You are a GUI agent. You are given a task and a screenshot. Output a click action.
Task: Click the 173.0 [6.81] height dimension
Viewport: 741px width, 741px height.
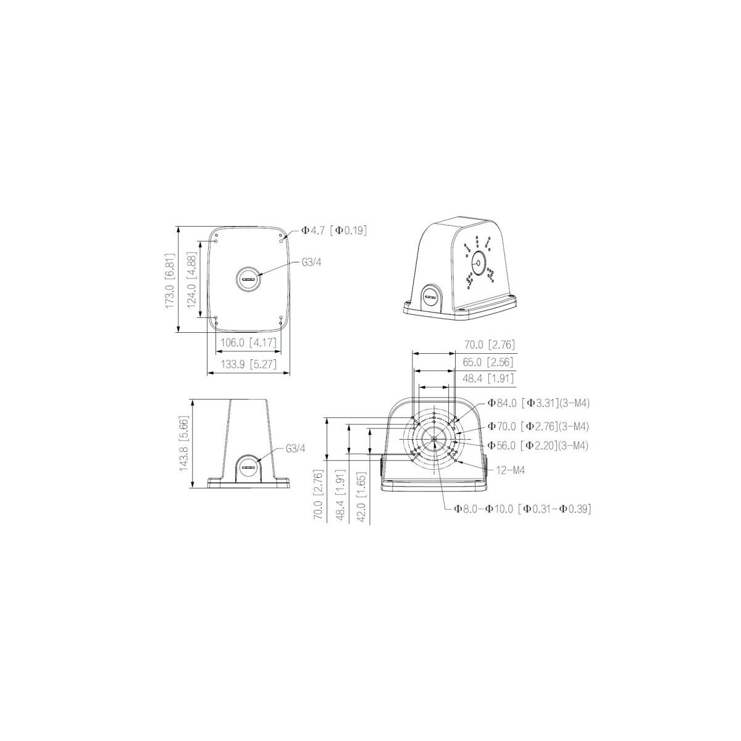[x=170, y=280]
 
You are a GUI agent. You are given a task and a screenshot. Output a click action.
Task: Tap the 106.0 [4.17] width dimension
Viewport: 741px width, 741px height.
[x=248, y=342]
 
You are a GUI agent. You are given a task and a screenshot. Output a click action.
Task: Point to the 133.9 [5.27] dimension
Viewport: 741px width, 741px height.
[x=248, y=364]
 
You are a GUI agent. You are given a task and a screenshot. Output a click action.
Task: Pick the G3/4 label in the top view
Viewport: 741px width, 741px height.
[x=311, y=262]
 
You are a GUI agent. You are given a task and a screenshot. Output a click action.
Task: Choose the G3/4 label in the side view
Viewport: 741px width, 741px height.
[x=296, y=448]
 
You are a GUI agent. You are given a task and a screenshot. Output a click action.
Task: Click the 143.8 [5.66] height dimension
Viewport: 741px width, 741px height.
[x=184, y=443]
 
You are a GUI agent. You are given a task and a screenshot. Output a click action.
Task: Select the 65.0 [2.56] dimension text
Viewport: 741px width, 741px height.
[x=488, y=362]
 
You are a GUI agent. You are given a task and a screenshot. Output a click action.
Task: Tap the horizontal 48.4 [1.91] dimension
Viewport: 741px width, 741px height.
[x=488, y=379]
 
